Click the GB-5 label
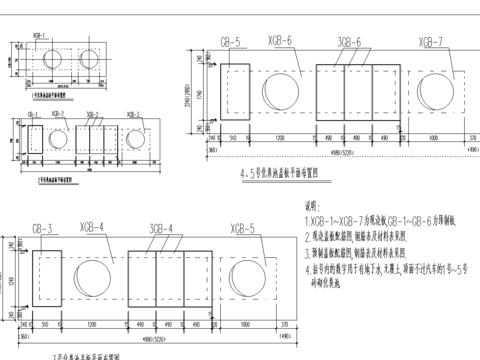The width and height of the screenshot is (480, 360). (x=231, y=42)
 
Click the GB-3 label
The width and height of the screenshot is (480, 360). (x=43, y=230)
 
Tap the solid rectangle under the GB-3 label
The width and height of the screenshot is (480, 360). (x=48, y=280)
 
